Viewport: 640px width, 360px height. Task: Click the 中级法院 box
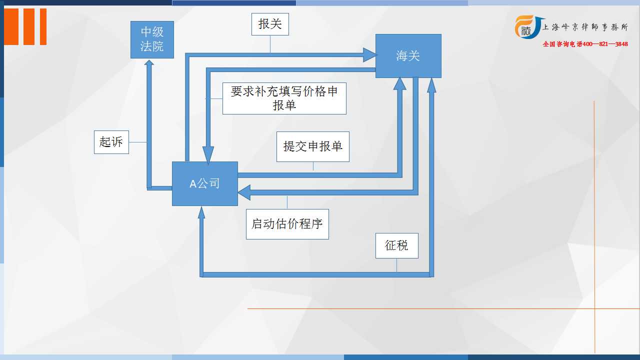pos(152,39)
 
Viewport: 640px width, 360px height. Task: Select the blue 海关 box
pos(408,56)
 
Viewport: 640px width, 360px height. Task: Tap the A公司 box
pos(205,183)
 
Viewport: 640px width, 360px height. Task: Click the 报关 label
pos(270,24)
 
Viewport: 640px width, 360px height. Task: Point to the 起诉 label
pos(111,142)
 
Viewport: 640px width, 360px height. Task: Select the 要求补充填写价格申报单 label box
pos(284,98)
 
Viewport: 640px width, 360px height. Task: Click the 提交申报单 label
pos(313,147)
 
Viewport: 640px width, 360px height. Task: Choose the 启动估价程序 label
pos(287,224)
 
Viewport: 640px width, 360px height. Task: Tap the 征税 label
pos(397,245)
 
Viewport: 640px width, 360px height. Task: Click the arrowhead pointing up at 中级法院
pos(149,62)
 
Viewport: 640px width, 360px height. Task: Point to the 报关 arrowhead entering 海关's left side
pos(369,55)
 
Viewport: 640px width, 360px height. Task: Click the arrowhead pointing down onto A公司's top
pos(208,154)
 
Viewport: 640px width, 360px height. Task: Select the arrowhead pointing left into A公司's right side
pos(244,192)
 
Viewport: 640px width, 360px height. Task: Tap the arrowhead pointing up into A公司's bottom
pos(201,212)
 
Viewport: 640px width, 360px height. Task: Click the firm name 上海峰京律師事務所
pos(585,27)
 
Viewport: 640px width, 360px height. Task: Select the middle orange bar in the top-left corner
pos(29,26)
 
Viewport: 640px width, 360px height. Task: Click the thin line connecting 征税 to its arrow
pos(396,265)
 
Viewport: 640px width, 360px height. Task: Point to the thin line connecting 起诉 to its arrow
pos(137,142)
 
